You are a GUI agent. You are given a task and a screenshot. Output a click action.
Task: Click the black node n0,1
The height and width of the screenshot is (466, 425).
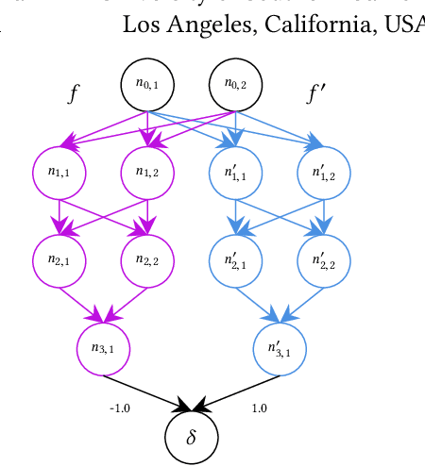coord(147,84)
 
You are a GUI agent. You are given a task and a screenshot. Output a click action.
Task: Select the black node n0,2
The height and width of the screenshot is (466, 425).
coord(234,84)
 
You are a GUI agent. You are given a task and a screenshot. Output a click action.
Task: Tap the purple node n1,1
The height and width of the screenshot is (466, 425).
coord(59,172)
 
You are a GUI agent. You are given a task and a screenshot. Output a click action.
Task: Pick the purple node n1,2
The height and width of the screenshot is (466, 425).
coord(147,172)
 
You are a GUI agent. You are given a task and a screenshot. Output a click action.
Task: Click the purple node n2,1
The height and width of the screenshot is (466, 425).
coord(59,259)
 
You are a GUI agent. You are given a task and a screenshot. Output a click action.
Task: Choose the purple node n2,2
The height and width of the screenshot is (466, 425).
coord(147,259)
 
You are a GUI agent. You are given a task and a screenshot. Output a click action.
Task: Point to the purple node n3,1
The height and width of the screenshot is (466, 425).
coord(103,347)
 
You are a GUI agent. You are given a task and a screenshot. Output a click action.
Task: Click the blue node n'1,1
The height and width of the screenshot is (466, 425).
coord(234,172)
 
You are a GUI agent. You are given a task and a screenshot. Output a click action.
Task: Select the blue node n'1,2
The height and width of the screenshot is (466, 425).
coord(323,172)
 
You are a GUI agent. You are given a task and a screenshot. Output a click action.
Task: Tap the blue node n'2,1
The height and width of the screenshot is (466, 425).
coord(234,259)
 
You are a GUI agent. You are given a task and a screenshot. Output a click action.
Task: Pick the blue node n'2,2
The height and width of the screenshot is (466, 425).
coord(323,259)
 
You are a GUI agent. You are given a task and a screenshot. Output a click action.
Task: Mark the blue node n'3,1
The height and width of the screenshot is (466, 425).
coord(280,347)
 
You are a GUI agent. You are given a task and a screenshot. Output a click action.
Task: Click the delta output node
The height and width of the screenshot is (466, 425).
coord(191,436)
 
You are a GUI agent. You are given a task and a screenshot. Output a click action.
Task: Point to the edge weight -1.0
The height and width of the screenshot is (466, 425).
coord(120,408)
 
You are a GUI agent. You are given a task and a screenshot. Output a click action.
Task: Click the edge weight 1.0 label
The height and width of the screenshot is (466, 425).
coord(260,408)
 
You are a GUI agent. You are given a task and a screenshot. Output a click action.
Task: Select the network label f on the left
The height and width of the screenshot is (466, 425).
coord(73,93)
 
